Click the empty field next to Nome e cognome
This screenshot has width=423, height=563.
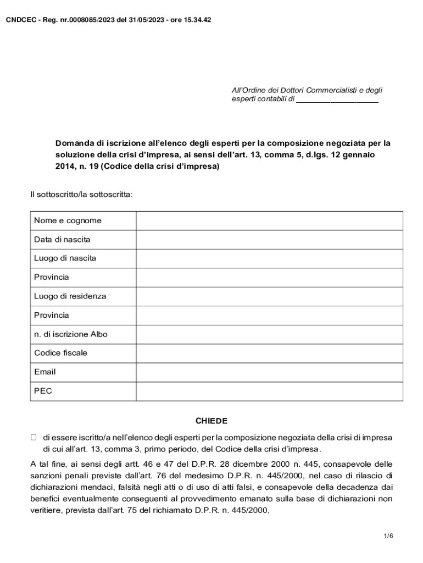(269, 220)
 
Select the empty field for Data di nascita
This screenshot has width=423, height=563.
(269, 240)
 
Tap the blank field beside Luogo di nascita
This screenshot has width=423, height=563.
(269, 258)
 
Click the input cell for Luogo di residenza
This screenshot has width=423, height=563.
(269, 296)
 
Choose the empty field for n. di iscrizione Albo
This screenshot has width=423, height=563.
(269, 334)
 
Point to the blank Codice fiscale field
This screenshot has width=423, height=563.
(269, 353)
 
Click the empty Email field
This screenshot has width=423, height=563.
(269, 372)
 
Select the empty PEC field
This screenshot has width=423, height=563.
(269, 391)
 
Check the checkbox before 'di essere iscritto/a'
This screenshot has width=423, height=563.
(33, 438)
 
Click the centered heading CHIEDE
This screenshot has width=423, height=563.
(211, 421)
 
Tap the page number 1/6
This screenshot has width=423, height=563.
(388, 536)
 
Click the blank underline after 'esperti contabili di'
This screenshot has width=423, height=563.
(337, 100)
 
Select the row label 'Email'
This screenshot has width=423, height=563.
(45, 372)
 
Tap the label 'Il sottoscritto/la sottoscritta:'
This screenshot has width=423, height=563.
(81, 195)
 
